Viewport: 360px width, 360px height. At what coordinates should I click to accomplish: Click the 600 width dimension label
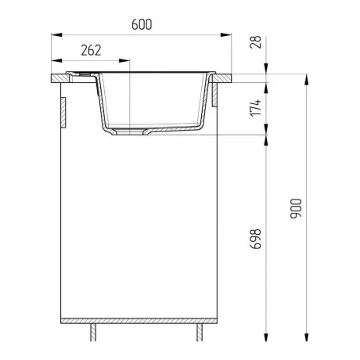(142, 24)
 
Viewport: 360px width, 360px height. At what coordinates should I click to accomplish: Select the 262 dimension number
(91, 50)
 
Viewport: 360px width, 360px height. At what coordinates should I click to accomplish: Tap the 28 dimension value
(256, 42)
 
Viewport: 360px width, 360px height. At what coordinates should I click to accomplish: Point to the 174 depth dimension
(256, 107)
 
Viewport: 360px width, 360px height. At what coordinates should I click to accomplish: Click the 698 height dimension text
(256, 239)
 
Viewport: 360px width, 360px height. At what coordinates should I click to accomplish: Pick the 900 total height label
(296, 208)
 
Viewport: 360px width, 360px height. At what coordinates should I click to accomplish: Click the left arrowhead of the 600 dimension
(56, 34)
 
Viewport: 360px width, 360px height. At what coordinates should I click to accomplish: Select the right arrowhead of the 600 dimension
(226, 34)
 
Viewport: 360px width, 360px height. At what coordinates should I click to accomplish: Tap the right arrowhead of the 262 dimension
(124, 60)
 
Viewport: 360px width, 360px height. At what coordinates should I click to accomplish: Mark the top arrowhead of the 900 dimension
(307, 79)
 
